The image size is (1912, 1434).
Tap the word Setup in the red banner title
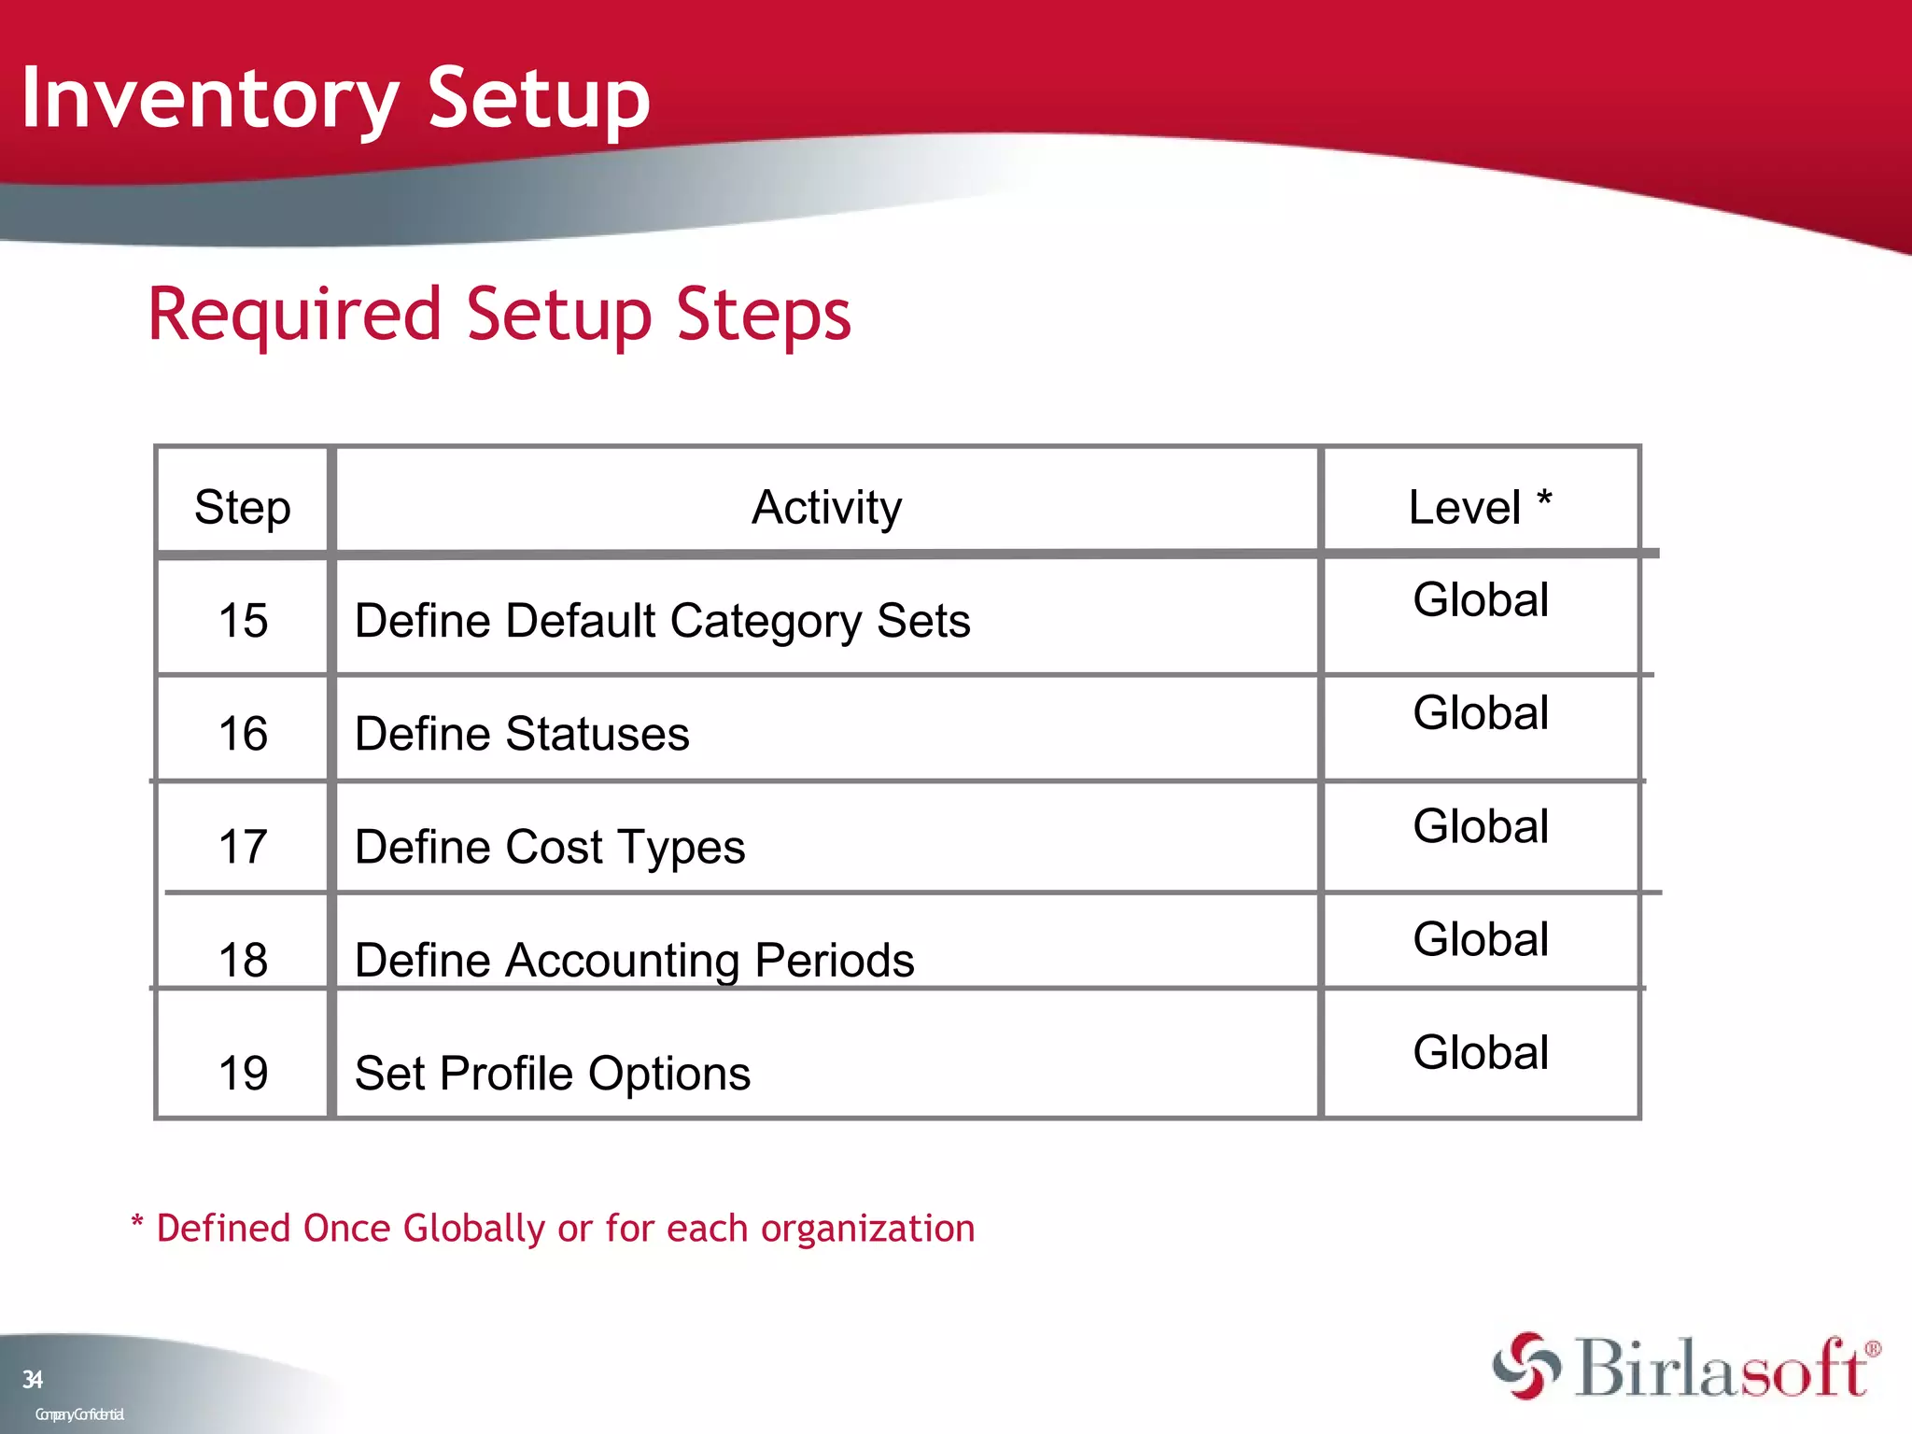[x=539, y=99]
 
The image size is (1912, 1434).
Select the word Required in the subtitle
[x=294, y=315]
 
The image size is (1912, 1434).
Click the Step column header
[x=243, y=508]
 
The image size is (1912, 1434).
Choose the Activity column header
[x=826, y=508]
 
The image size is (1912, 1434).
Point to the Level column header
[x=1479, y=508]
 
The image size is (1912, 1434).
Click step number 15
[x=243, y=621]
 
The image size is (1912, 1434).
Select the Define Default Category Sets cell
[x=662, y=622]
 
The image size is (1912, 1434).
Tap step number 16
[x=243, y=734]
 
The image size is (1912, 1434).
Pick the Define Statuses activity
[x=522, y=734]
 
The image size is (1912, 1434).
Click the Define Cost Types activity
[x=550, y=848]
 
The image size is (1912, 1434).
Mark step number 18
[x=243, y=960]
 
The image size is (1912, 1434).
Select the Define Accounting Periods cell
[x=634, y=961]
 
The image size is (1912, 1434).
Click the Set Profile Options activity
[x=553, y=1074]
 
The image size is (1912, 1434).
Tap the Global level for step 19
[x=1481, y=1053]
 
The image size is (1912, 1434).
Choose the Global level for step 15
[x=1481, y=600]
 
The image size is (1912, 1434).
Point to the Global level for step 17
[x=1481, y=827]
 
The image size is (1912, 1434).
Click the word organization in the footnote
[x=867, y=1230]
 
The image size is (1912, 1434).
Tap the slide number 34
[x=33, y=1380]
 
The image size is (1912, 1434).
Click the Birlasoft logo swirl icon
[x=1526, y=1367]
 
